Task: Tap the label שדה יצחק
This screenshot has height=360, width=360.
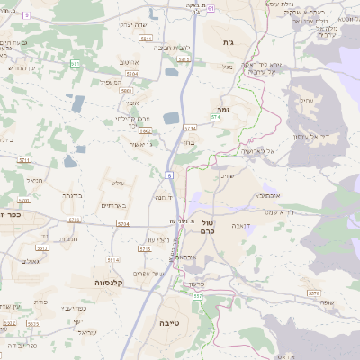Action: [x=132, y=26]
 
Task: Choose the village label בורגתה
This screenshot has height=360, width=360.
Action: [x=73, y=194]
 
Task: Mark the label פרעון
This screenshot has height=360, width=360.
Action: [x=197, y=283]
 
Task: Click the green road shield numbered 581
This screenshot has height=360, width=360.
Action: [x=76, y=65]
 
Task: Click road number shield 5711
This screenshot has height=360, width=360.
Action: [x=24, y=160]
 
